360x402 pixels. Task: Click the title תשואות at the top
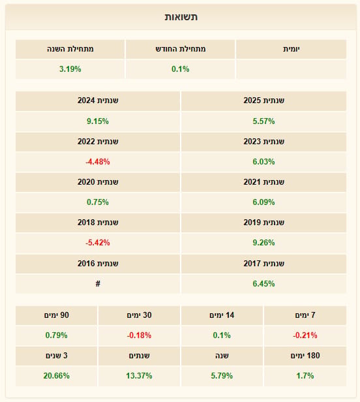coord(181,17)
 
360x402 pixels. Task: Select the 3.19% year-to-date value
coord(70,69)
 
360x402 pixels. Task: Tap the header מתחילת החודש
coord(181,49)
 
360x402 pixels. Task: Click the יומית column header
coord(292,49)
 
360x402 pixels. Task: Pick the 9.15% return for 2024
coord(98,121)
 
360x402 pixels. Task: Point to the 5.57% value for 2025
coord(263,121)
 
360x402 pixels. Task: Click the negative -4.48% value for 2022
coord(98,162)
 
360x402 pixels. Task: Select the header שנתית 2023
coord(263,142)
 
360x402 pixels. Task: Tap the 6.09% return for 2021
coord(263,202)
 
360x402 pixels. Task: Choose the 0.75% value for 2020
coord(98,202)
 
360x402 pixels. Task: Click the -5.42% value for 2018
coord(98,243)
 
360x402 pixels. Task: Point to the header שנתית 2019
coord(263,223)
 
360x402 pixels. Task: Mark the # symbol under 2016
coord(98,283)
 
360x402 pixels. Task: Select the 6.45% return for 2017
coord(263,283)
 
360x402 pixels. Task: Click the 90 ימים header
coord(56,315)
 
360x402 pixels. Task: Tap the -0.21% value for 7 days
coord(305,335)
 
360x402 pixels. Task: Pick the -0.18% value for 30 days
coord(139,335)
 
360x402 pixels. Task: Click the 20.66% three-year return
coord(56,376)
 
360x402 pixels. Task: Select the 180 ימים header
coord(305,356)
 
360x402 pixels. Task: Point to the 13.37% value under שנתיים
coord(139,376)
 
